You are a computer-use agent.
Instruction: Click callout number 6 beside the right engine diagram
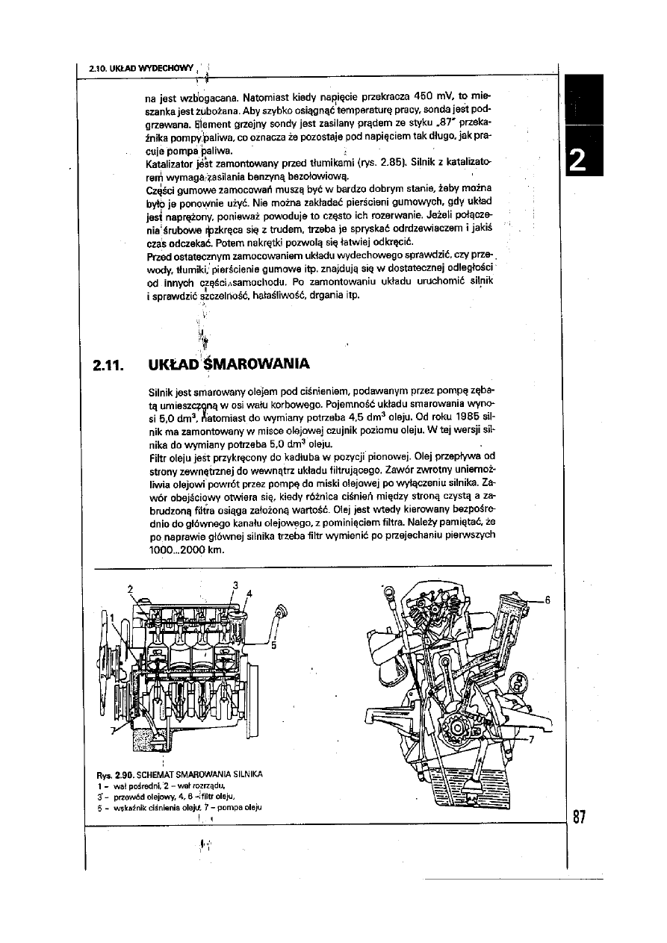[x=547, y=600]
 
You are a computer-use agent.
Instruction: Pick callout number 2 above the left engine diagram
[x=130, y=586]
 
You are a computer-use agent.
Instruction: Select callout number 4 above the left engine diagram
[x=249, y=594]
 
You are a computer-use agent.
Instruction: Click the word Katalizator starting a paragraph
[x=175, y=162]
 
